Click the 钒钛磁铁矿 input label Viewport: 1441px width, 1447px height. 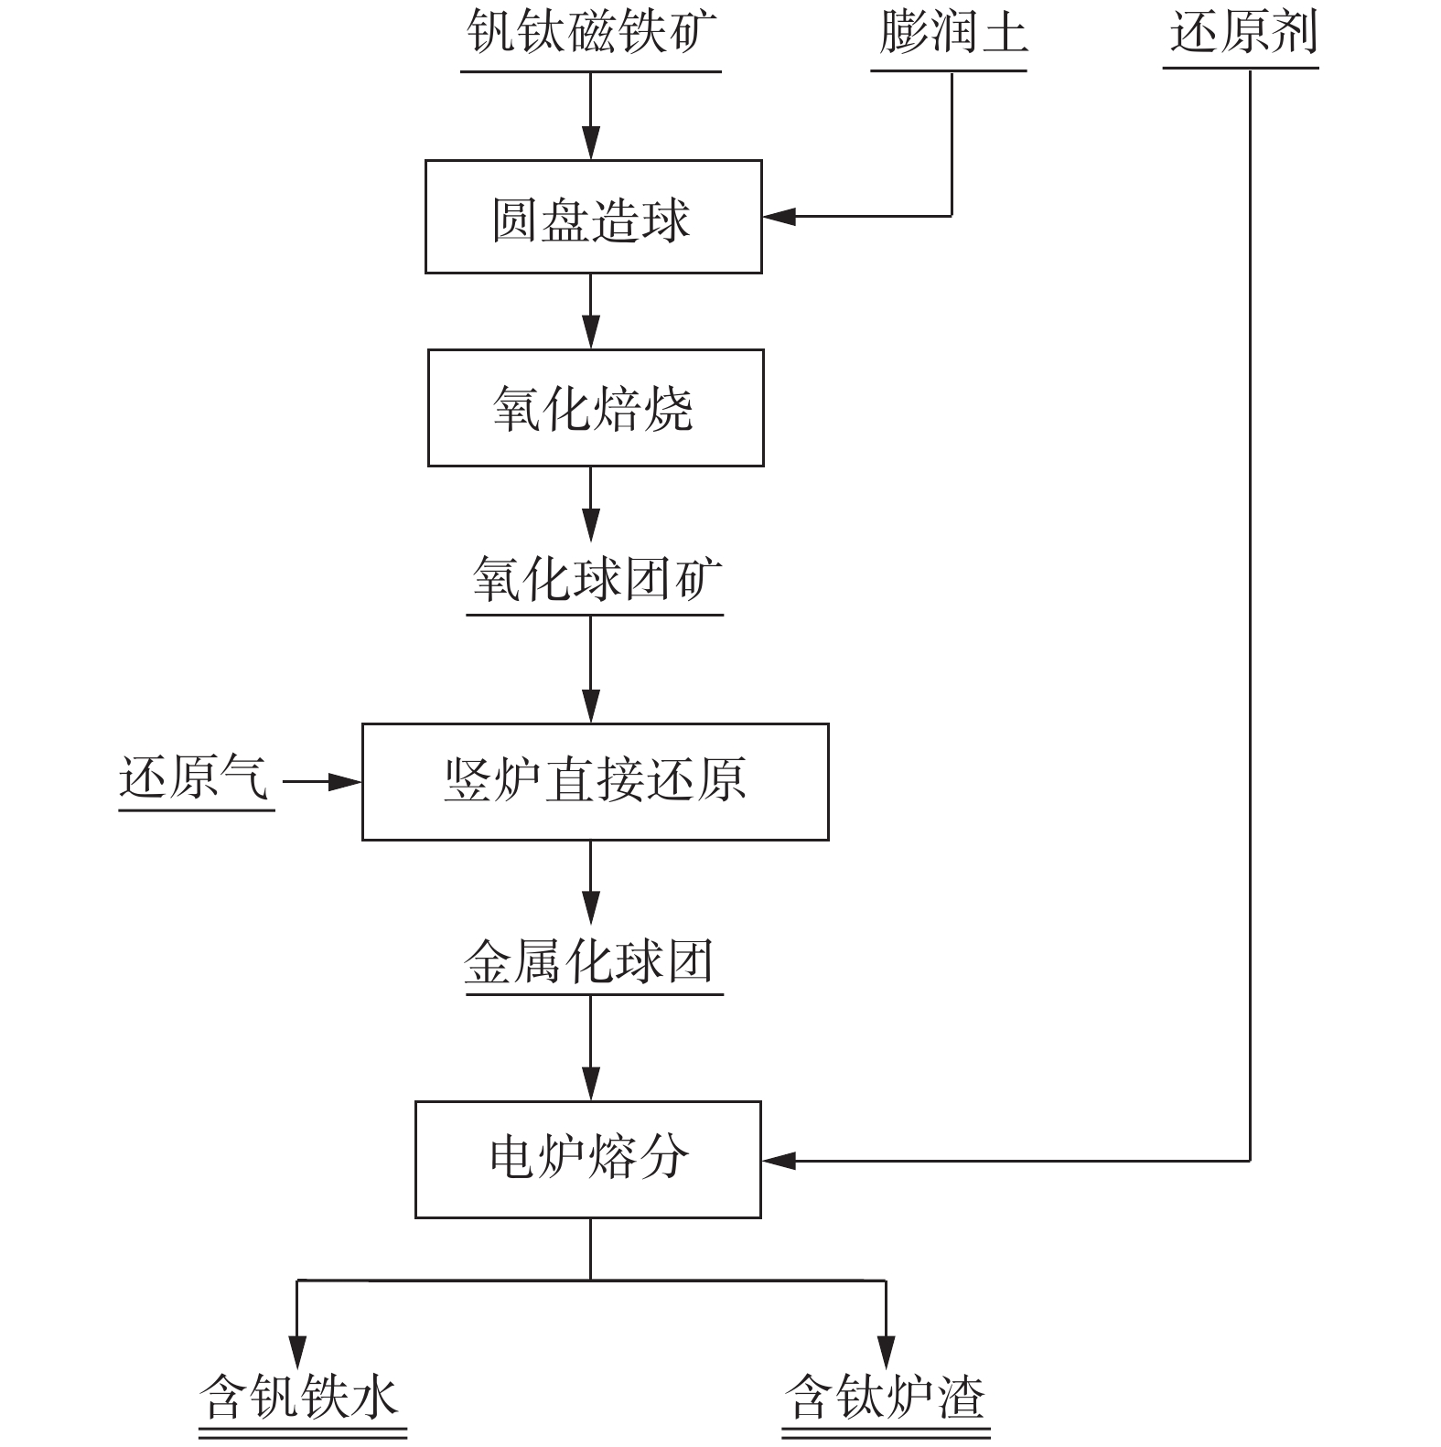[590, 33]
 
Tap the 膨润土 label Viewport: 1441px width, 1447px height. [952, 33]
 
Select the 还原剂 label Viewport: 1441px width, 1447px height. [1243, 33]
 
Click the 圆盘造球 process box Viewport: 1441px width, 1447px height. [593, 218]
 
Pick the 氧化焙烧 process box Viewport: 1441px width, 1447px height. [595, 408]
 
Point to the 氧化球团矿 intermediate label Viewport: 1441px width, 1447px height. [595, 580]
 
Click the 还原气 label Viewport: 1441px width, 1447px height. [194, 779]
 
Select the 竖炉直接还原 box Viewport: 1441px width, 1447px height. [595, 782]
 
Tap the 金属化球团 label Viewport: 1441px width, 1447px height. [590, 962]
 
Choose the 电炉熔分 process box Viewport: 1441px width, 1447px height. [588, 1159]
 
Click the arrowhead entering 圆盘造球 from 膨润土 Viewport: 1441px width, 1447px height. [780, 217]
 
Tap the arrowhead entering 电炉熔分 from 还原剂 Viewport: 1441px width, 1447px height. [780, 1161]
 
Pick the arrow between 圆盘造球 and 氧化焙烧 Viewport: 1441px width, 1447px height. [590, 311]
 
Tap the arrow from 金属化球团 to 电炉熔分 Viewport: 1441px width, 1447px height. [590, 1048]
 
